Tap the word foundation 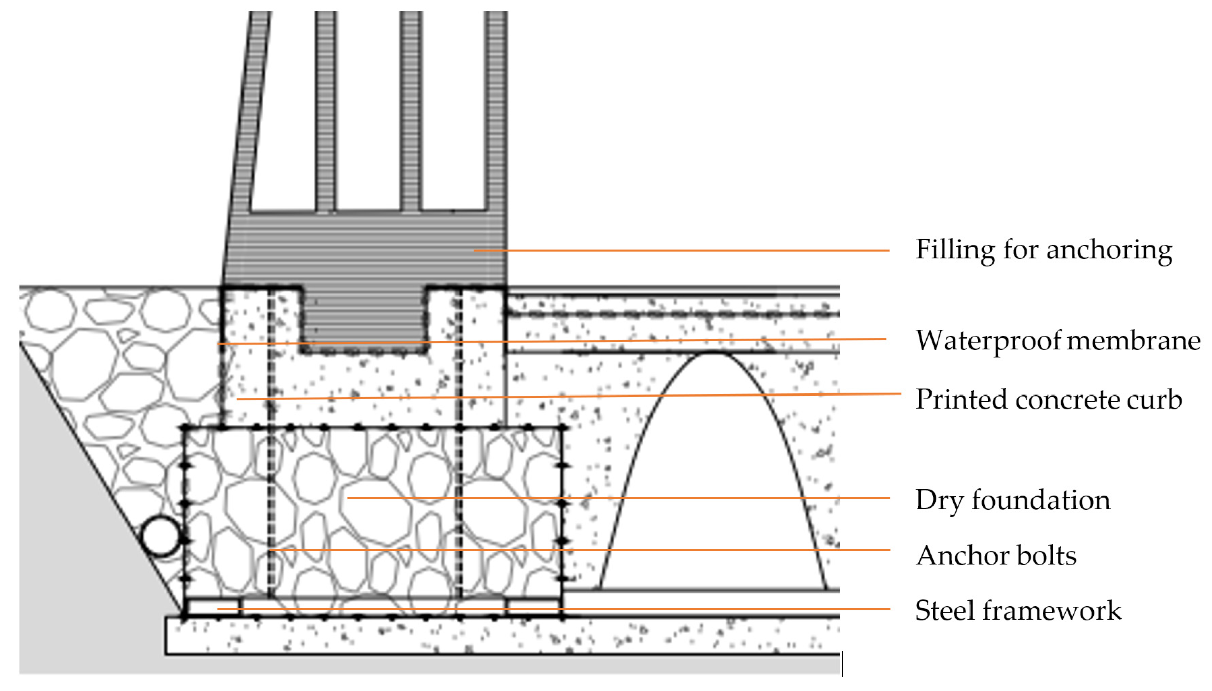(x=1040, y=500)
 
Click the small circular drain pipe (x=160, y=536)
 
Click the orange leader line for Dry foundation (x=703, y=498)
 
